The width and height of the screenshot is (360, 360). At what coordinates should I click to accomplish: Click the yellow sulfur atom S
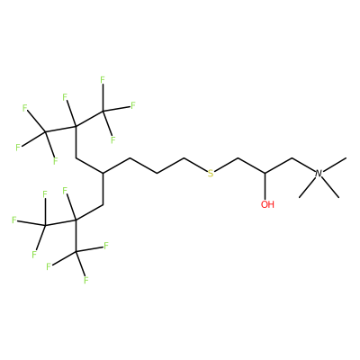tap(211, 174)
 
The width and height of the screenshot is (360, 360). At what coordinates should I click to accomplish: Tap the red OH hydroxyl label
tap(267, 204)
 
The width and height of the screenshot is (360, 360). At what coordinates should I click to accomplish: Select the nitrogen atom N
tap(319, 174)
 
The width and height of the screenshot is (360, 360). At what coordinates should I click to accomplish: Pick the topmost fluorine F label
tap(103, 80)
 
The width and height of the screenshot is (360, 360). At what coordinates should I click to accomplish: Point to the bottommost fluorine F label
tap(85, 281)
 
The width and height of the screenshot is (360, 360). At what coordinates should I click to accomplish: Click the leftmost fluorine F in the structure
tap(13, 220)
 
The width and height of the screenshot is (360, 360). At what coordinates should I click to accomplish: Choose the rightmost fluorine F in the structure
tap(133, 105)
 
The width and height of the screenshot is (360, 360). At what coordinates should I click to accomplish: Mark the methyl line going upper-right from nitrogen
tap(335, 165)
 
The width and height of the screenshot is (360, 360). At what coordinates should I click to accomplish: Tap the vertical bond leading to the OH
tap(265, 185)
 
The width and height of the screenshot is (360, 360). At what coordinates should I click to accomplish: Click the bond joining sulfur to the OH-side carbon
tap(226, 165)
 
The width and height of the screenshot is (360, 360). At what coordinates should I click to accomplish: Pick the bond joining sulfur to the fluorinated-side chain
tap(196, 165)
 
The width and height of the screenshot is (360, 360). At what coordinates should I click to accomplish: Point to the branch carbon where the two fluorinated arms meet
tap(103, 173)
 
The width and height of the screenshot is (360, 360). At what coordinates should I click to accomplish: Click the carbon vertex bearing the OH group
tap(265, 173)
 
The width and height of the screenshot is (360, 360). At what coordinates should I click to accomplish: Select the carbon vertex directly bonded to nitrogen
tap(292, 157)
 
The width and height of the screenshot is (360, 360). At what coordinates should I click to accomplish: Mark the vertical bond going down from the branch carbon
tap(103, 189)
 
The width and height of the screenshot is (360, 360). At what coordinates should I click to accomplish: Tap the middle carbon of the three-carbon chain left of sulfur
tap(157, 173)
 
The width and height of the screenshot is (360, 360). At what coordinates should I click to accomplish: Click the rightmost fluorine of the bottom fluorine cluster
tap(106, 247)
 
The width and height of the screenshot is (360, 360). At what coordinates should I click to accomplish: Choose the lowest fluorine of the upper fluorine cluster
tap(55, 161)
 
